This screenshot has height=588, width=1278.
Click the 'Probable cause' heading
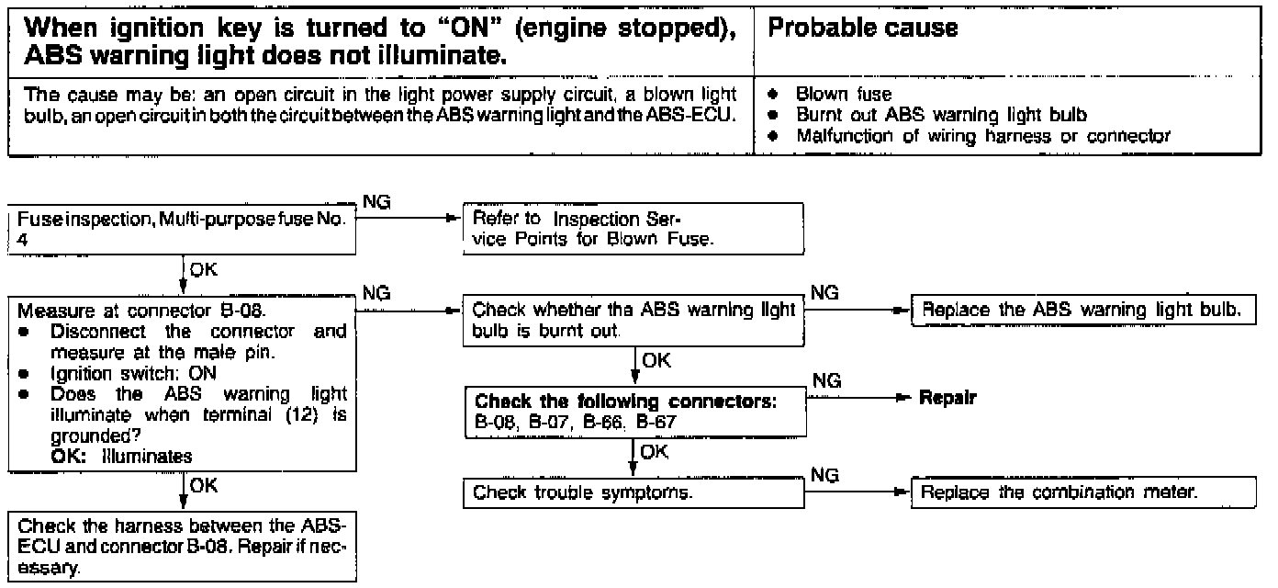(x=862, y=28)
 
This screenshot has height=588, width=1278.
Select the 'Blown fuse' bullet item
(x=843, y=94)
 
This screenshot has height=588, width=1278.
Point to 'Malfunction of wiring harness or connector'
(x=983, y=137)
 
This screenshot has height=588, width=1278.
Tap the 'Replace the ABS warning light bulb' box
(x=1083, y=310)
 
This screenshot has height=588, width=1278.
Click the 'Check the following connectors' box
(x=633, y=411)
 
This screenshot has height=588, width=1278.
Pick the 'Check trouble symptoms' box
(x=633, y=493)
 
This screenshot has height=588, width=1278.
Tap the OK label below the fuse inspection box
(x=203, y=271)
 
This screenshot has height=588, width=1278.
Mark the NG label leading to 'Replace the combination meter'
(x=825, y=474)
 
